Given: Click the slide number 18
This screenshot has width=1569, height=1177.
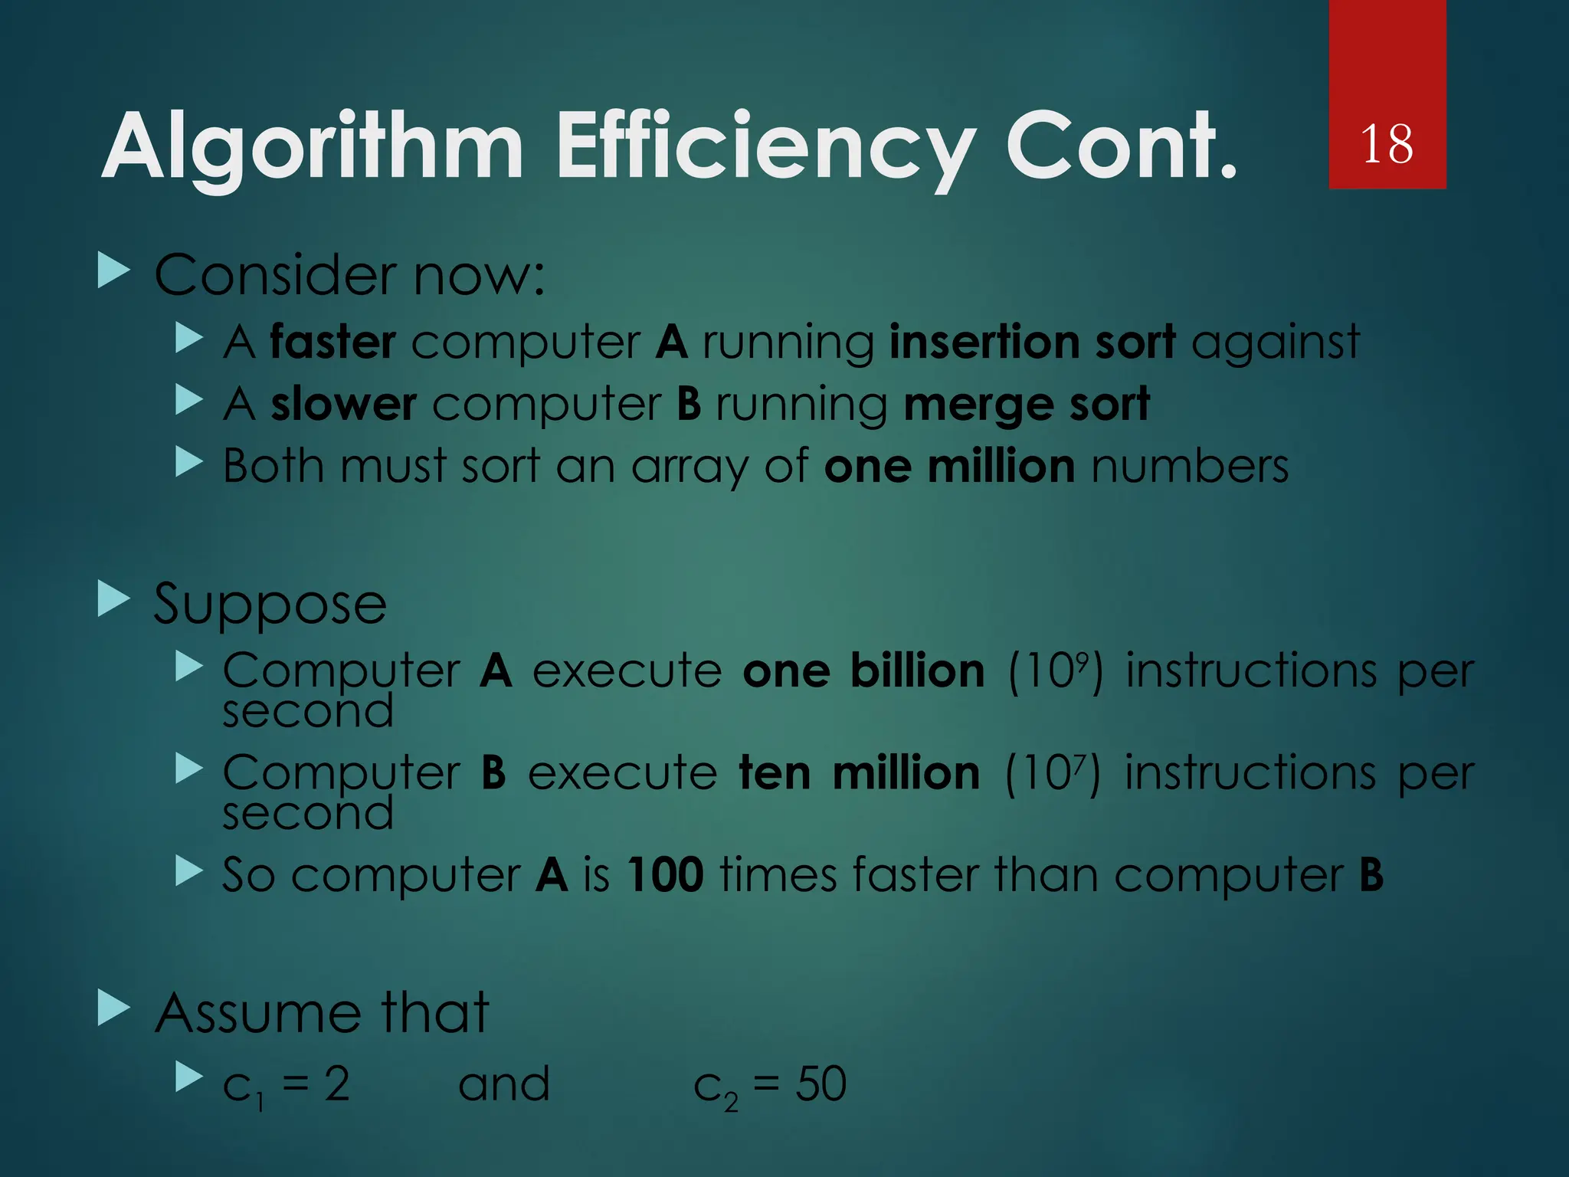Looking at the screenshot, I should pos(1387,144).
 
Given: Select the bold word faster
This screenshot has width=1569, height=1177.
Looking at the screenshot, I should pos(332,342).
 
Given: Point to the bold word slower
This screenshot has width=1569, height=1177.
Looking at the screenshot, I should pos(343,405).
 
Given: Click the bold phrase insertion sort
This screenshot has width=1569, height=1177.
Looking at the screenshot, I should pos(1032,342).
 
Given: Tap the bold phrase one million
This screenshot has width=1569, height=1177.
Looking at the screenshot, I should pos(949,467).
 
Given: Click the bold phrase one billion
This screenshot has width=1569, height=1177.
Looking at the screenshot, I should pos(863,672).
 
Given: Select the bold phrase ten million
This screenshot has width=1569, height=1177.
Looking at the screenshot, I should pos(859,773).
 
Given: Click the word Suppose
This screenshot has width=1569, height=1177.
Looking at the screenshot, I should pos(270,605).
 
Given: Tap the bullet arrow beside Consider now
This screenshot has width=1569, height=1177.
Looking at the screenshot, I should pos(114,272).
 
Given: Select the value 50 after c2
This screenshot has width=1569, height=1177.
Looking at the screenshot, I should pos(821,1084).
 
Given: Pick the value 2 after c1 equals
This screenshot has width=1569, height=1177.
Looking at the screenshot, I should pos(337,1084).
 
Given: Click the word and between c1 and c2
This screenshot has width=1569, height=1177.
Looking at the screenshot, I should pos(503,1084).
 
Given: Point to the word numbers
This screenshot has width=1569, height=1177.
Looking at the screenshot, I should pos(1190,467).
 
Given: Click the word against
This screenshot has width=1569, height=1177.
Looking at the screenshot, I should pos(1276,342).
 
